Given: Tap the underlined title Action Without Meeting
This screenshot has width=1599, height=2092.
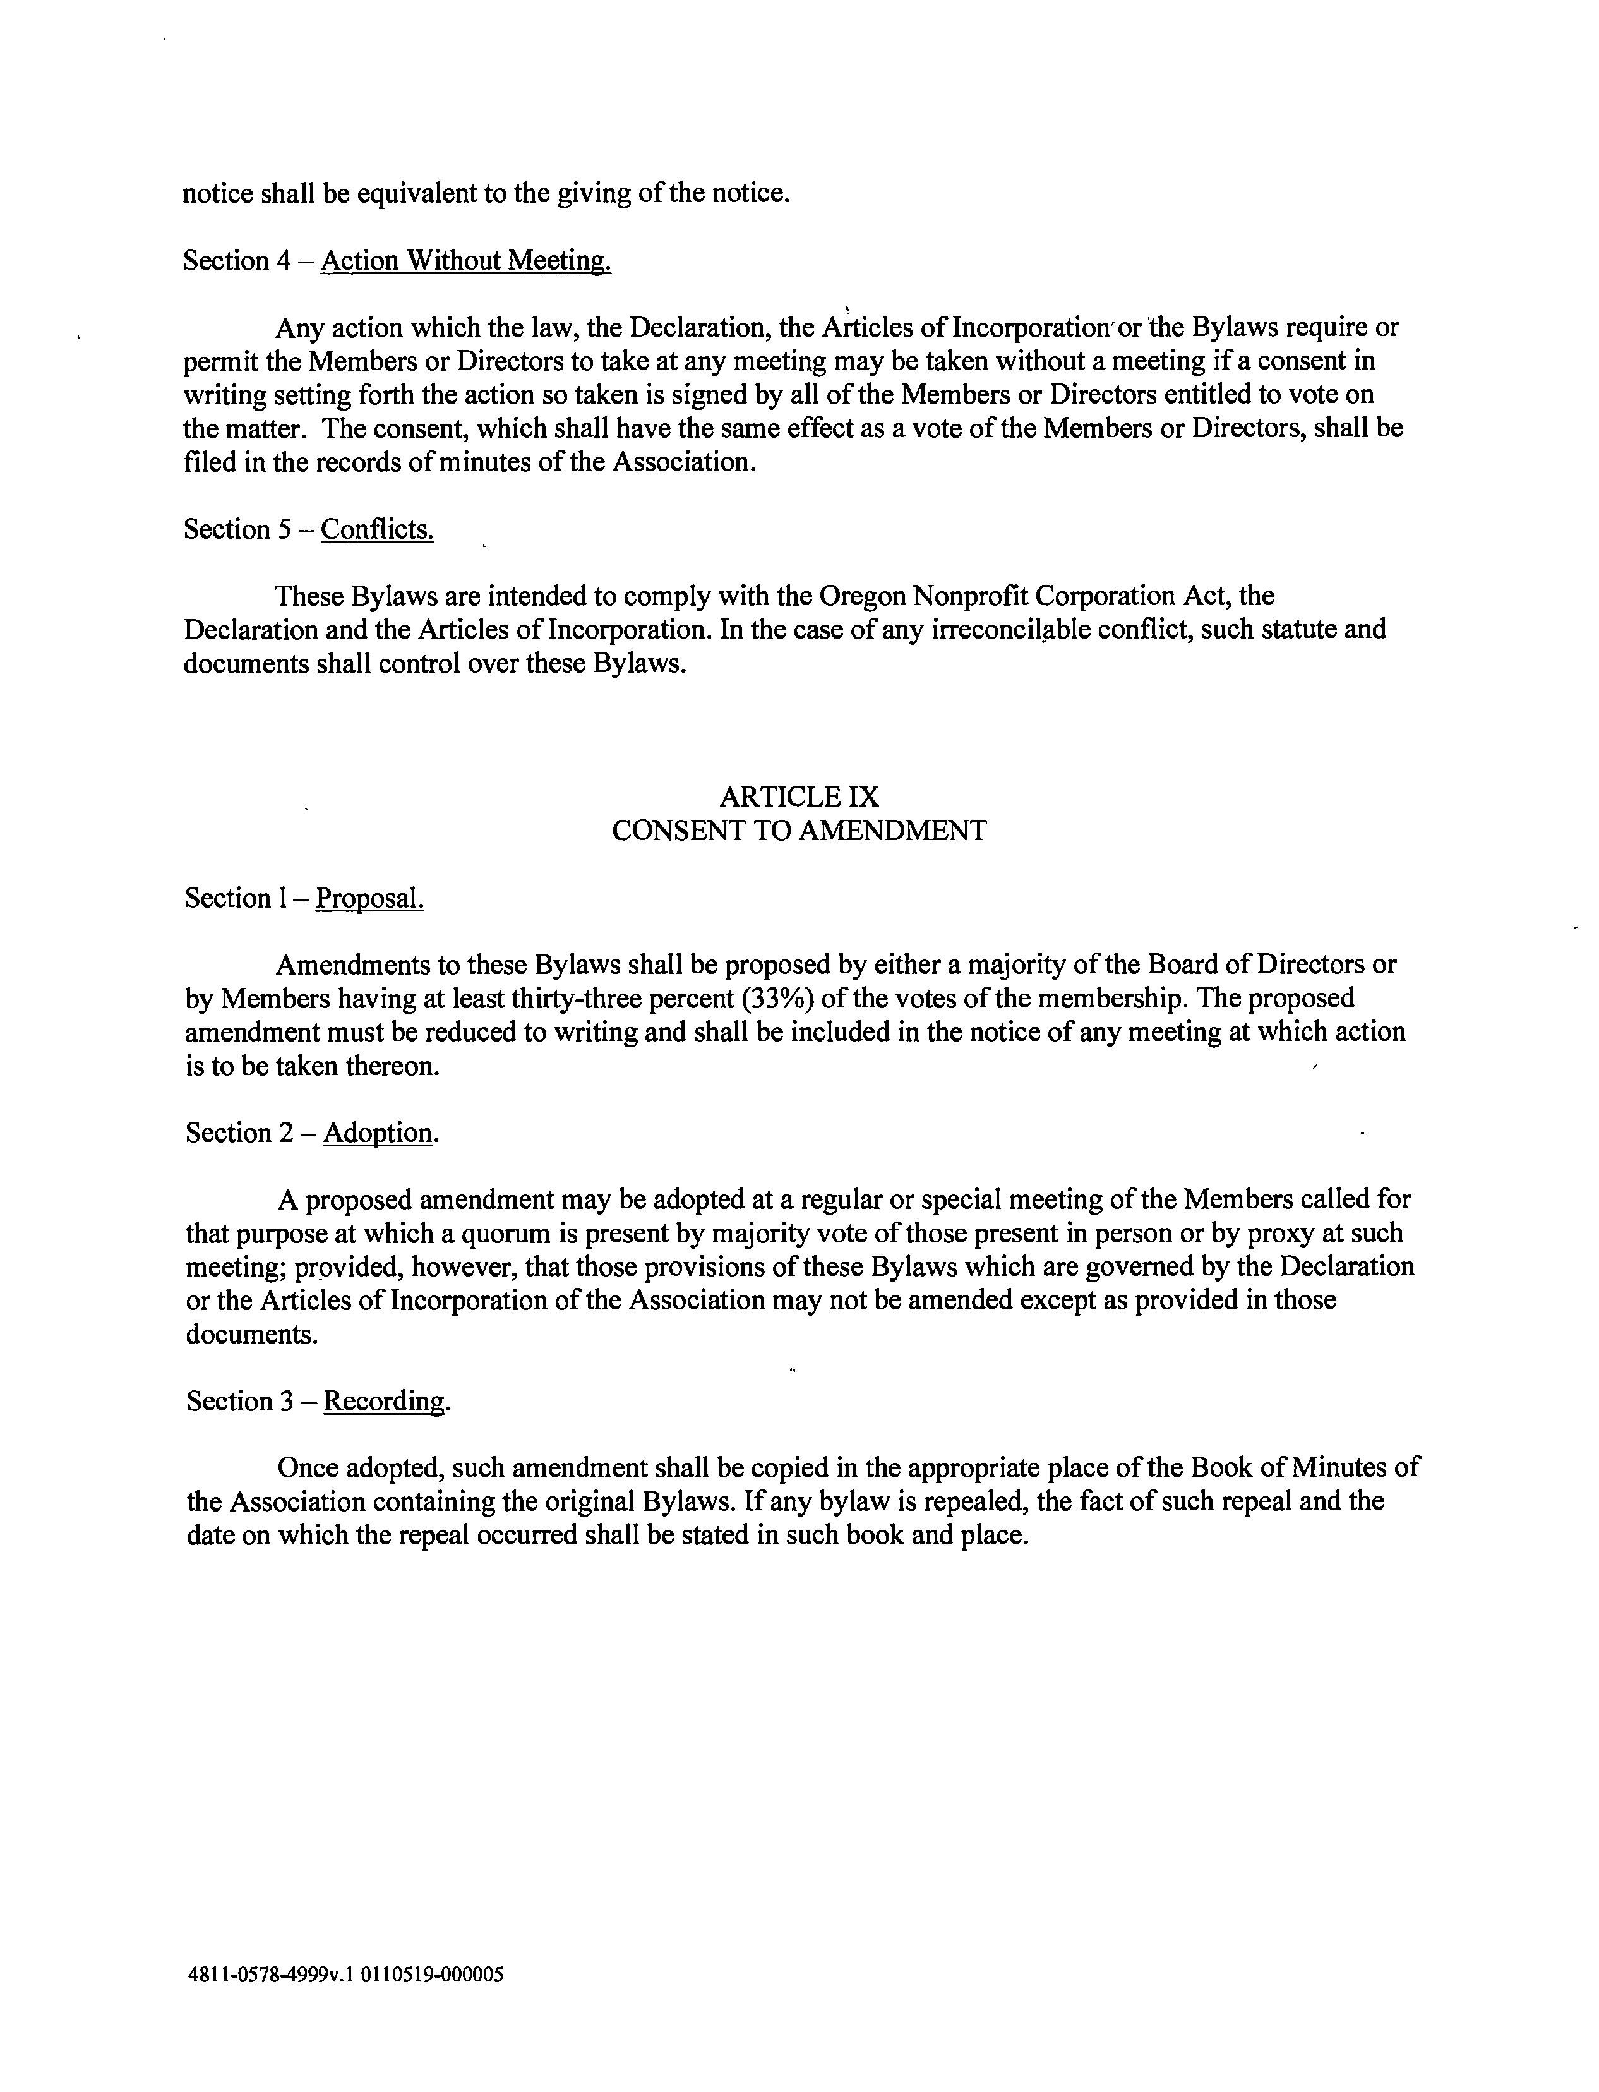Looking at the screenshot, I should pos(465,261).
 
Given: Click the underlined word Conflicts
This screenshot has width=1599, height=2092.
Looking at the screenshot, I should pos(378,529).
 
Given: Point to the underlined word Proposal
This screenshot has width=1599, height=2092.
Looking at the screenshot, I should pos(369,898).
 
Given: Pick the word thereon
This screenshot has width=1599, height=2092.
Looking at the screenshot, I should pos(392,1066).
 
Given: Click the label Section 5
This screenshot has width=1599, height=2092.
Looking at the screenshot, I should pos(237,529).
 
